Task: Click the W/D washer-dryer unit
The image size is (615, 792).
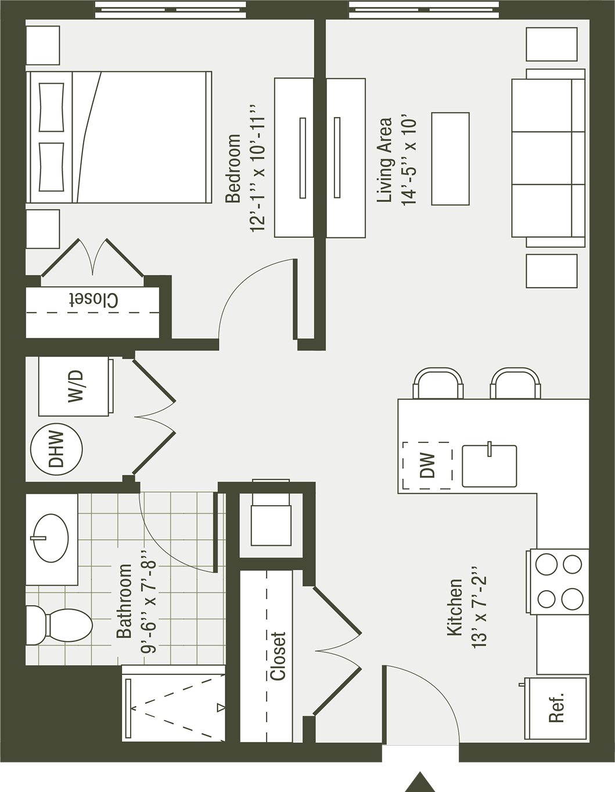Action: coord(75,386)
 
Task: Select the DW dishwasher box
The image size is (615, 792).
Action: coord(427,466)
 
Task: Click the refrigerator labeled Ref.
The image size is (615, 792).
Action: coord(556,709)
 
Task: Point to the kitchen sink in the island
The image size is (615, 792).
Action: coord(489,466)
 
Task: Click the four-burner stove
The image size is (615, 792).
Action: coord(558,581)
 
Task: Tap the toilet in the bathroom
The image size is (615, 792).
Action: coord(60,625)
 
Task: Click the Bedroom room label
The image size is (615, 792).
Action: coord(233,169)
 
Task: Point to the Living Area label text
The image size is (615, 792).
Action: coord(384,160)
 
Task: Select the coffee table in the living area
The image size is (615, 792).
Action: coord(450,159)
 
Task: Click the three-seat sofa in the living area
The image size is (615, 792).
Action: coord(548,158)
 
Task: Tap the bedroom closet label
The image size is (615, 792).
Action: coord(93,300)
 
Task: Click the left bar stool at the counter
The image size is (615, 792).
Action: coord(438,384)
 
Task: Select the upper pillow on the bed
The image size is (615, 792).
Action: coord(51,107)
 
